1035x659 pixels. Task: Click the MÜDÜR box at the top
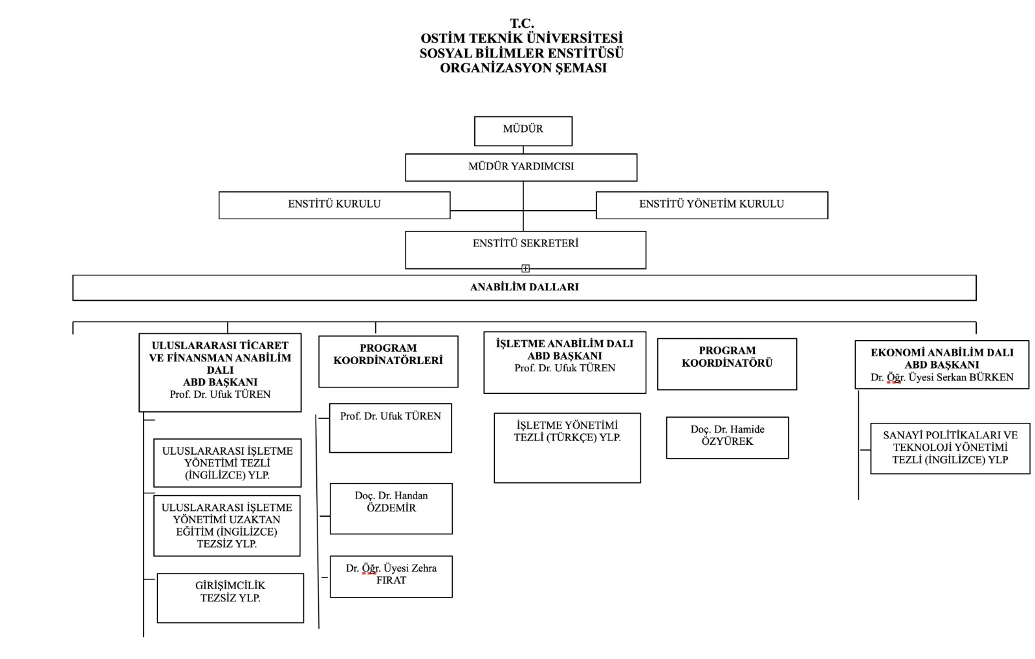click(523, 131)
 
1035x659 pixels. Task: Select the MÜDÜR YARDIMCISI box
click(521, 167)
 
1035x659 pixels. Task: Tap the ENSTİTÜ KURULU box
click(334, 205)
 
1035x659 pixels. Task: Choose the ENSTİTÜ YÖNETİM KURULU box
click(712, 205)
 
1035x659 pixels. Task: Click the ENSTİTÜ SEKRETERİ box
click(526, 250)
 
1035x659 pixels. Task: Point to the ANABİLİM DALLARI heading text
click(525, 286)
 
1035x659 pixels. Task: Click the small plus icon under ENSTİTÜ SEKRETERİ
click(525, 268)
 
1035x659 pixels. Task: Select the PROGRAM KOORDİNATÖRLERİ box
click(388, 362)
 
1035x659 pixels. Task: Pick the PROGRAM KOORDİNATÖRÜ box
click(727, 364)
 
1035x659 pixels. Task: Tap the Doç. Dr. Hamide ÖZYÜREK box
click(728, 438)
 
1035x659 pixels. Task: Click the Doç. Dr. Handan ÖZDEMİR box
click(391, 509)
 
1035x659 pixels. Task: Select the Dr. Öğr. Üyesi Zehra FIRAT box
click(391, 577)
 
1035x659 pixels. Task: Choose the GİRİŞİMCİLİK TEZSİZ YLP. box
click(230, 598)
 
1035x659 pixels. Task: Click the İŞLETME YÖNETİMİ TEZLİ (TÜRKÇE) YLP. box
click(567, 448)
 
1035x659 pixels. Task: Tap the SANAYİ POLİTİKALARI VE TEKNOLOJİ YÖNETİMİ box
click(950, 448)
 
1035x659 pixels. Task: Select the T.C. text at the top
click(522, 23)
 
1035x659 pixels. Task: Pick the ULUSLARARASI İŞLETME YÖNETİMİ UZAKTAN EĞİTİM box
click(227, 526)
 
